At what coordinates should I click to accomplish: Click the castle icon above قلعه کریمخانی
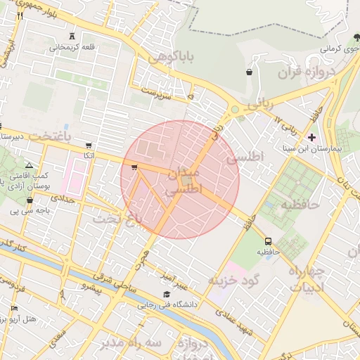click(x=74, y=36)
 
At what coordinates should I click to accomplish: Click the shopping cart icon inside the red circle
click(x=134, y=167)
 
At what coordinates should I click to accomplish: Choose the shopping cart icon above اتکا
click(x=88, y=146)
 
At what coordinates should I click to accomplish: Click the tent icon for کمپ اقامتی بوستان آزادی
click(x=29, y=164)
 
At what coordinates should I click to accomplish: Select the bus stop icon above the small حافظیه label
click(x=267, y=242)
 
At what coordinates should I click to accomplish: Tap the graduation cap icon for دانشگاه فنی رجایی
click(x=167, y=294)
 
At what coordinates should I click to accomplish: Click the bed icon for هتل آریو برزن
click(x=14, y=309)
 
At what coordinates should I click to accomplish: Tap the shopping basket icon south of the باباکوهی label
click(x=249, y=72)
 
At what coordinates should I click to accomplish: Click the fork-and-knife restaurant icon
click(x=20, y=15)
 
